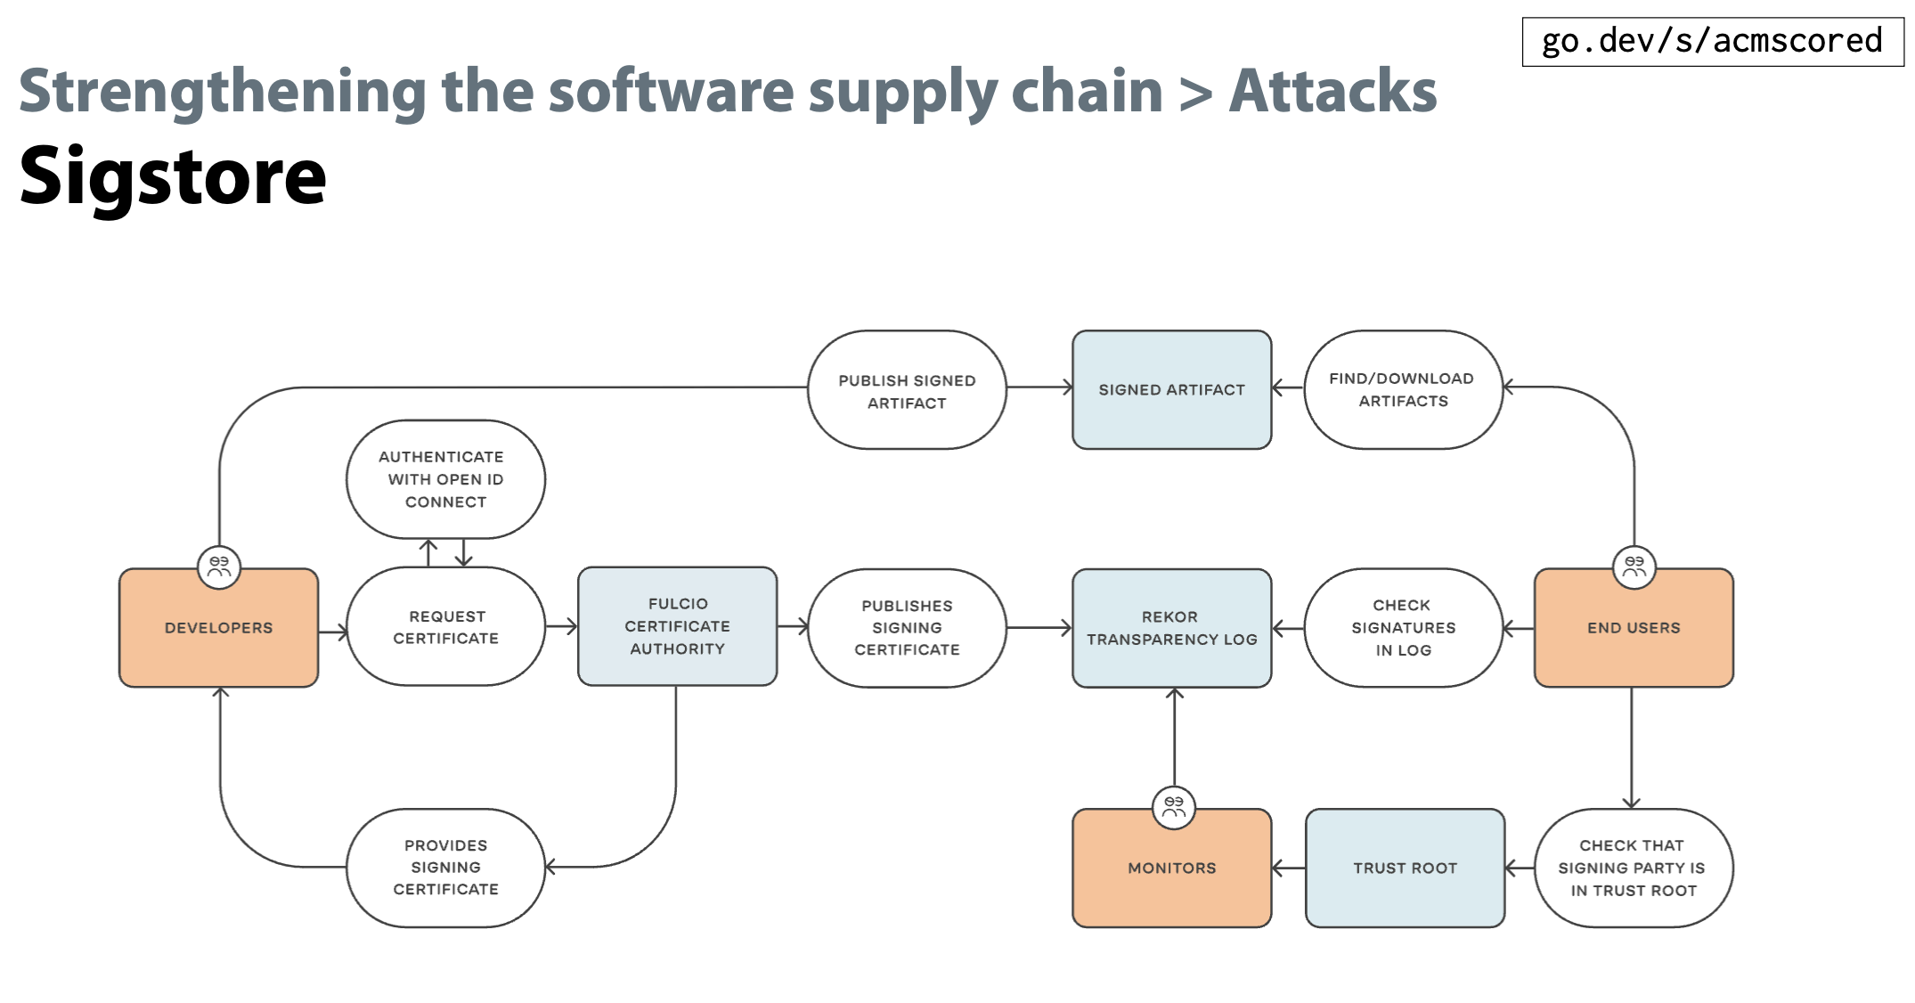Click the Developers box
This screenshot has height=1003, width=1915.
[218, 628]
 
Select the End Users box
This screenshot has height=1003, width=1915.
[1634, 628]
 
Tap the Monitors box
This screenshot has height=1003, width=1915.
[1171, 868]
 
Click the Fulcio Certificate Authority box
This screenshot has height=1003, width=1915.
[677, 626]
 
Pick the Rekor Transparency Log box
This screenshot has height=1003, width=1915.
[1171, 628]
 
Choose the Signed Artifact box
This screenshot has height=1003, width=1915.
[1171, 390]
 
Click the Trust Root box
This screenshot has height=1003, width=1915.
[1405, 868]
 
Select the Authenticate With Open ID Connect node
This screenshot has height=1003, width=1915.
[445, 479]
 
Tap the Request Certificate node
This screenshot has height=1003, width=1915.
[445, 627]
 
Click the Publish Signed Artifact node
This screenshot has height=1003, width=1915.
[907, 391]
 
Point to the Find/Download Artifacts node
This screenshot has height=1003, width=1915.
[1403, 390]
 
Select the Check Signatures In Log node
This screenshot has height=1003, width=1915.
[1403, 628]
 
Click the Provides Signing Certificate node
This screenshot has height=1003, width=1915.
[445, 868]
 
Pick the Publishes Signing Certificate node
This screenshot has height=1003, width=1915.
[907, 628]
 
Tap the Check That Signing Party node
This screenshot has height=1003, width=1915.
[1634, 868]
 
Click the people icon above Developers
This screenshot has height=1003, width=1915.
[219, 567]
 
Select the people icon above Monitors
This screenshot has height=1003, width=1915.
[1174, 807]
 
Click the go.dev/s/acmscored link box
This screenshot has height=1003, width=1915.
[1712, 41]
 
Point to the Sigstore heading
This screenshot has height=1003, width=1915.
[174, 176]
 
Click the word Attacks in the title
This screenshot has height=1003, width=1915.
[1332, 91]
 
